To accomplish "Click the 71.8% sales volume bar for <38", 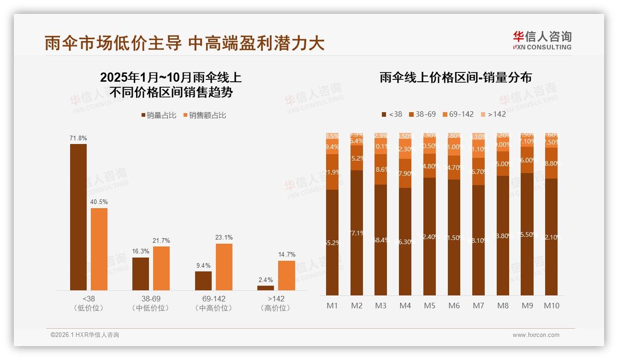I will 78,217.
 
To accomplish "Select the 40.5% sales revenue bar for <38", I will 99,249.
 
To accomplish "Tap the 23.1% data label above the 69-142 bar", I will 224,238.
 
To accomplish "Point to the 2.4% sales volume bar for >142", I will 266,288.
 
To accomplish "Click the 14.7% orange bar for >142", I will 286,276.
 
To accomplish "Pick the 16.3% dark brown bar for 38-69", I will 141,274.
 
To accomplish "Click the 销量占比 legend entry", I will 159,115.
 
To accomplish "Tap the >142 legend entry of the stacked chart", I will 493,114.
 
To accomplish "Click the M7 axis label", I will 478,306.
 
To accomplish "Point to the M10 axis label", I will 551,306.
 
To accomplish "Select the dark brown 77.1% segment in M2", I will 357,233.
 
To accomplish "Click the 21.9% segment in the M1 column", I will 332,172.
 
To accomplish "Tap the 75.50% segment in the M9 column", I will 527,234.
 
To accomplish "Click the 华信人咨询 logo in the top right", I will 542,40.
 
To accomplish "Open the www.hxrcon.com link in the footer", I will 536,335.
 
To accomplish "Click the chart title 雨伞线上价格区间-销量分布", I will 456,78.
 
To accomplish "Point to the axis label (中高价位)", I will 214,308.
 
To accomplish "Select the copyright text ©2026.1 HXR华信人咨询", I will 85,335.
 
